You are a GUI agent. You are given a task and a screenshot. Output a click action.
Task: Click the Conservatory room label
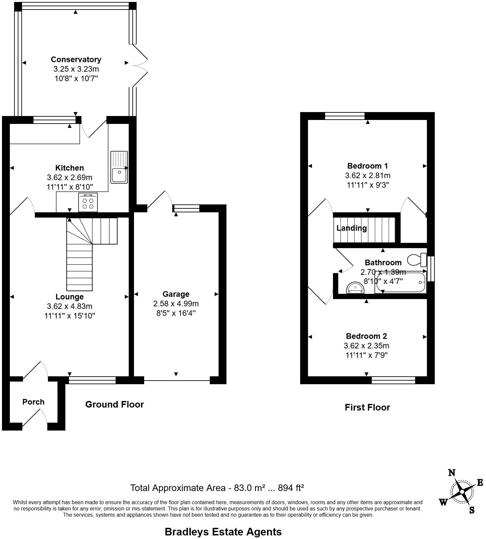click(76, 59)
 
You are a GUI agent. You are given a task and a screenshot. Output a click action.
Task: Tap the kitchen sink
click(119, 167)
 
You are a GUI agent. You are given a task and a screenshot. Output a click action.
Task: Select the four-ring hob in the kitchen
click(88, 202)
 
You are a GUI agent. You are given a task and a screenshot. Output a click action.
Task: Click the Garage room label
click(176, 294)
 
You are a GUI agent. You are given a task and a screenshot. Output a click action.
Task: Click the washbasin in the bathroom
click(355, 288)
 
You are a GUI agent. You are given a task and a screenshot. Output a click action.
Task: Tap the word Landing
click(351, 228)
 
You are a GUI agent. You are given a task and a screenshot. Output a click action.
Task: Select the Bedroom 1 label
click(367, 166)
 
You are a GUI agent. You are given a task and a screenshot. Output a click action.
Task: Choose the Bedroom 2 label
click(366, 336)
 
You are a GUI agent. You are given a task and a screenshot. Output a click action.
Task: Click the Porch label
click(33, 402)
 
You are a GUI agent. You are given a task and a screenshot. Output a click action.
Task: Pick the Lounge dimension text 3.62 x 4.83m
click(70, 306)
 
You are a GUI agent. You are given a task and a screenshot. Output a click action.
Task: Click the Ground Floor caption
click(115, 404)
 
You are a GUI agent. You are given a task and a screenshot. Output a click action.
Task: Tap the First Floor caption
click(367, 408)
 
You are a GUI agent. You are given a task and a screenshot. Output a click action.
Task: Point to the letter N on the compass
click(452, 473)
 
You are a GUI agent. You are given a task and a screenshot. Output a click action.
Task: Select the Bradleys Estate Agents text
click(223, 531)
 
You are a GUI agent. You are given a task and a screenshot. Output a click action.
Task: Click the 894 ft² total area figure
click(291, 488)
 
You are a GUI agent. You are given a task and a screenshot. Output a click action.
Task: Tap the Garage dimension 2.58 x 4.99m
click(176, 304)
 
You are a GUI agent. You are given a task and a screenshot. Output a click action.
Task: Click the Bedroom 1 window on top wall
click(344, 116)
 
